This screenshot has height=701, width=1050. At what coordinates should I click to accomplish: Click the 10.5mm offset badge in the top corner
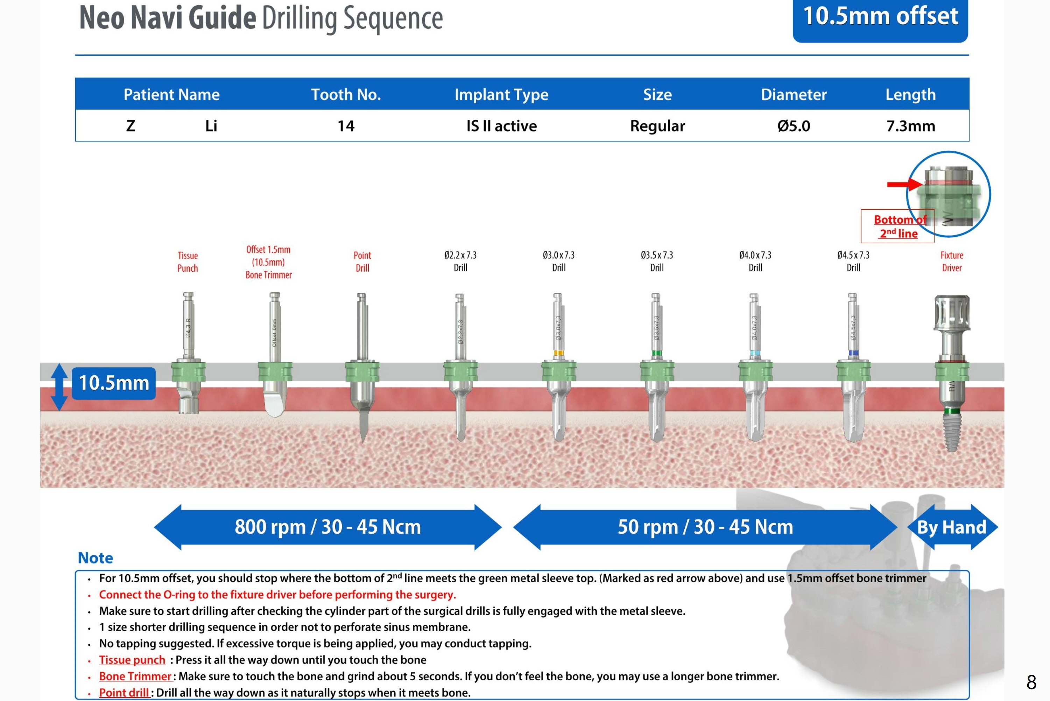[x=880, y=18]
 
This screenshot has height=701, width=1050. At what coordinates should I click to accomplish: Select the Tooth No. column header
[x=346, y=94]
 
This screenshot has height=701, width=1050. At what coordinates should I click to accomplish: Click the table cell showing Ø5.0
[x=793, y=126]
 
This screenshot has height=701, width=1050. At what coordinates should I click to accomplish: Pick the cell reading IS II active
[x=501, y=126]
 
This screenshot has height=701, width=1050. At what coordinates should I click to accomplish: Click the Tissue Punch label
[x=188, y=262]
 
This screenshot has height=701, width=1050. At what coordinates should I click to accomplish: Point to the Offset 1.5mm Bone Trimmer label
[x=268, y=262]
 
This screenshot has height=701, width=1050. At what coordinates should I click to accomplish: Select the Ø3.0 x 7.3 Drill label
[x=559, y=261]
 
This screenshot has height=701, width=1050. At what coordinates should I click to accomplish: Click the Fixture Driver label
[x=952, y=261]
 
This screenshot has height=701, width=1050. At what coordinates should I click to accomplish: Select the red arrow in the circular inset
[x=904, y=184]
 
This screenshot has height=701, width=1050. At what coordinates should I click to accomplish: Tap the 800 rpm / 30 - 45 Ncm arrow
[x=327, y=527]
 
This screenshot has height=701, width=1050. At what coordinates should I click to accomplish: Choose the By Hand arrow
[x=952, y=527]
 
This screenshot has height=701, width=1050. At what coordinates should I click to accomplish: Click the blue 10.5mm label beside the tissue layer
[x=114, y=383]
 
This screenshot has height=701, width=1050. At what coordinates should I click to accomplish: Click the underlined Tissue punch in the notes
[x=132, y=660]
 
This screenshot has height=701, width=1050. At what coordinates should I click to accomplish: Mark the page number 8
[x=1031, y=682]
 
